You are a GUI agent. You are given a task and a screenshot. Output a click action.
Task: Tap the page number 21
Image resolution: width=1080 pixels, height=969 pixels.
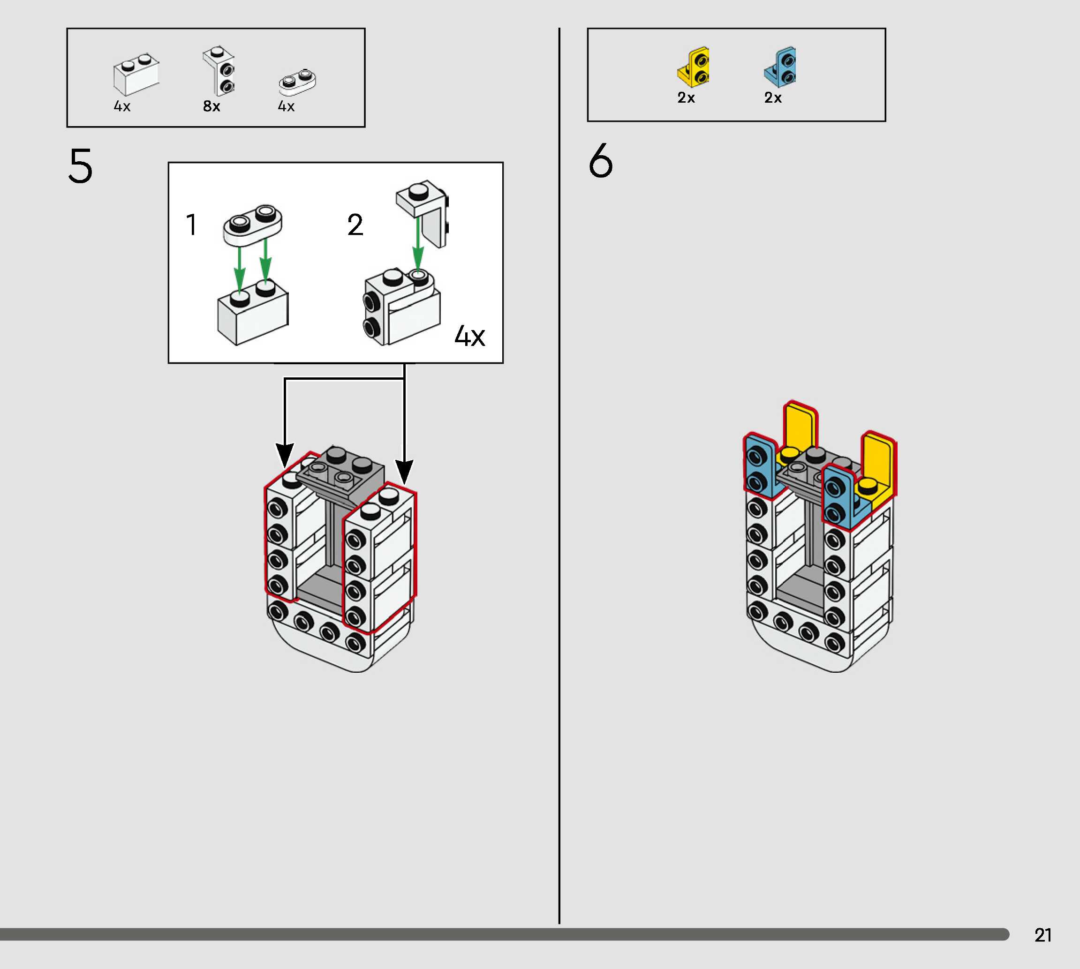tap(1043, 935)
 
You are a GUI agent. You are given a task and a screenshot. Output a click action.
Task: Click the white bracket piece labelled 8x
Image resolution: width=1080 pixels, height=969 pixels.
tap(219, 70)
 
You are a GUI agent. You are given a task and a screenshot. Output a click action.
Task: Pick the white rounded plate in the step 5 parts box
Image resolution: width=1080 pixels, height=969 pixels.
tap(297, 82)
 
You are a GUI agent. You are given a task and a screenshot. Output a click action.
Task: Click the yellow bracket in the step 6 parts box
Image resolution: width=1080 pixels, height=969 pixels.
tap(694, 67)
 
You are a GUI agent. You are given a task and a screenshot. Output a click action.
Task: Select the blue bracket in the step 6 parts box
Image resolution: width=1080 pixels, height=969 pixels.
tap(781, 67)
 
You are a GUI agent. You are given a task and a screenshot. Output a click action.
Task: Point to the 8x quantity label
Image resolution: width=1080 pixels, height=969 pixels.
tap(211, 106)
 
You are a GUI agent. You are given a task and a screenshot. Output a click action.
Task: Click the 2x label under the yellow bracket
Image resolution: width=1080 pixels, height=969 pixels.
tap(686, 98)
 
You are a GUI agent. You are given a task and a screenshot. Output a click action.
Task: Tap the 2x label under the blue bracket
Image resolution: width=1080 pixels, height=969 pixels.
tap(773, 98)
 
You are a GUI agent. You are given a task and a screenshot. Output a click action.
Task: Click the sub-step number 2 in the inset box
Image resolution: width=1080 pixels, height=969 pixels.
tap(355, 225)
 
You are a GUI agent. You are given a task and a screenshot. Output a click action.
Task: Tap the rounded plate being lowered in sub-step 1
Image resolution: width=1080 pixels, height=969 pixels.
tap(252, 225)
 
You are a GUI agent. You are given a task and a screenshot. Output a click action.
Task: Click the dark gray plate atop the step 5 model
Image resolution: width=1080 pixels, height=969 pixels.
tap(341, 468)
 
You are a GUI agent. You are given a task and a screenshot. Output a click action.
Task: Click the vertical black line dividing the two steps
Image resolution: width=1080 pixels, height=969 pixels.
tap(559, 479)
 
